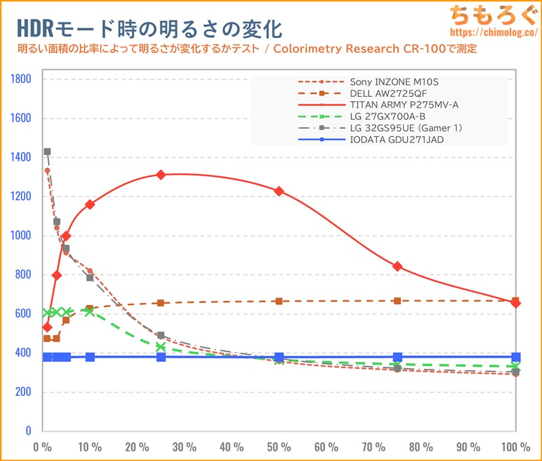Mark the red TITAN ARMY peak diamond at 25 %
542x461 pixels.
click(161, 174)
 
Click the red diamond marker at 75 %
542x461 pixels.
click(398, 266)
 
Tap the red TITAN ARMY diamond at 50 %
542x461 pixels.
click(279, 191)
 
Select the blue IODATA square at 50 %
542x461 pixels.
click(279, 357)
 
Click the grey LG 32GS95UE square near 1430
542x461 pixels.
click(47, 152)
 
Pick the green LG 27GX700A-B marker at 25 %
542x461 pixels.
click(161, 346)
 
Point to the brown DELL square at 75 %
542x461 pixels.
click(398, 301)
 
